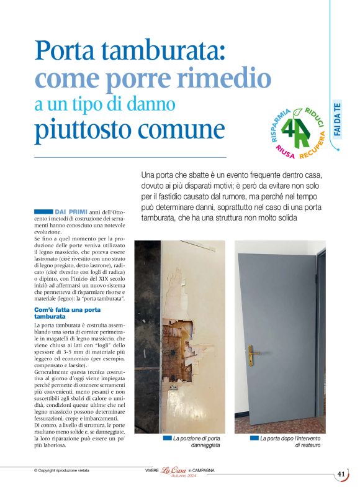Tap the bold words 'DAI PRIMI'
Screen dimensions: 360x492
tap(71, 212)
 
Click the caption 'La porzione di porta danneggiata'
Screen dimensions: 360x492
tap(197, 442)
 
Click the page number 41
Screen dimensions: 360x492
tap(341, 474)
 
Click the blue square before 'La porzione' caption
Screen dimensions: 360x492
tap(166, 438)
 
